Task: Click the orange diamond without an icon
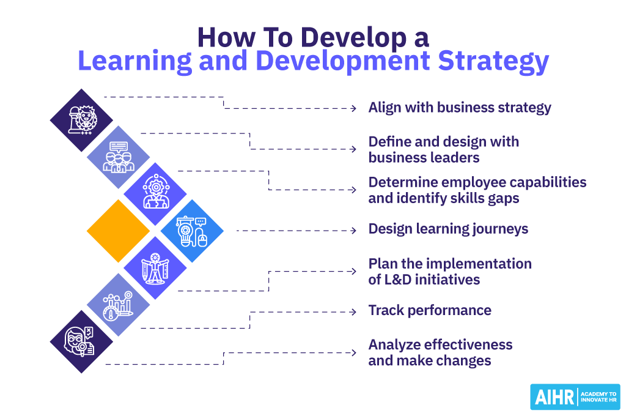[118, 231]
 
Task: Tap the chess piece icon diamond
[81, 120]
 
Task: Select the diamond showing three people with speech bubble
[118, 157]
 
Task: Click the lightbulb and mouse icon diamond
[192, 231]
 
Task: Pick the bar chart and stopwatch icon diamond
[118, 305]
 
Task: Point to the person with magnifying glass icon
[81, 341]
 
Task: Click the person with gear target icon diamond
[155, 194]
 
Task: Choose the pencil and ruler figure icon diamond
[155, 268]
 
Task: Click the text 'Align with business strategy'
[459, 108]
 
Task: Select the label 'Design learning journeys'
[447, 229]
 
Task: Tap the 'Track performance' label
[429, 310]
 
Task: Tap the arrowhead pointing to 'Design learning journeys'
[353, 231]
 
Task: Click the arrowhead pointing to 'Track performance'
[353, 311]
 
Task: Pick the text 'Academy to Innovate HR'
[598, 397]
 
